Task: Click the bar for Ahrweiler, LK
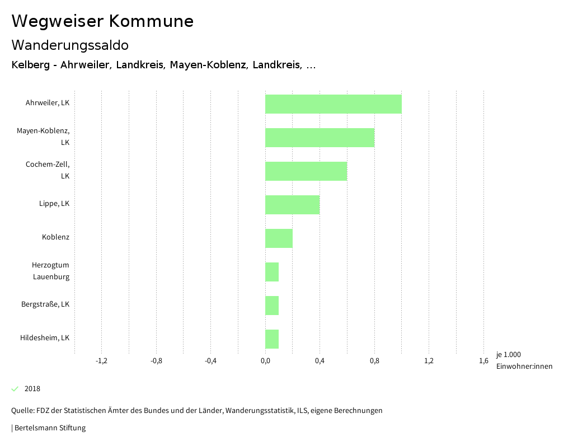[333, 104]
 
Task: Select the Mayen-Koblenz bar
[320, 138]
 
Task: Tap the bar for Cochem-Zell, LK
[306, 171]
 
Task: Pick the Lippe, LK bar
[292, 205]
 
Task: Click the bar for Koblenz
[279, 238]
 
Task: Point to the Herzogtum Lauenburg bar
[272, 272]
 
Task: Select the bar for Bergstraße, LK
[272, 306]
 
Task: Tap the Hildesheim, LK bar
[272, 339]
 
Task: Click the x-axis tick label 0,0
[265, 361]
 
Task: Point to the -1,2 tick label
[101, 361]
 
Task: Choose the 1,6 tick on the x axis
[483, 361]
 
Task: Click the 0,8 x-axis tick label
[374, 361]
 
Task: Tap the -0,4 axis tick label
[210, 361]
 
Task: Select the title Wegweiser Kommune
[102, 21]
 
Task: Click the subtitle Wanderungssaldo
[70, 45]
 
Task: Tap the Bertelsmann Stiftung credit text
[49, 428]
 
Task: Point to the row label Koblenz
[55, 237]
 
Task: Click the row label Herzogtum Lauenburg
[50, 271]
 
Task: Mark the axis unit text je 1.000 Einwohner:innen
[524, 360]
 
